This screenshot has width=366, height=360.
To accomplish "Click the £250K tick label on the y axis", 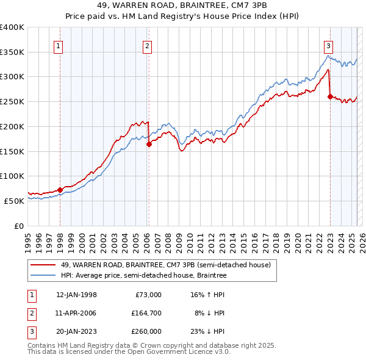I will coord(12,102).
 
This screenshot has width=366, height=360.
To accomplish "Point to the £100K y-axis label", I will coord(12,176).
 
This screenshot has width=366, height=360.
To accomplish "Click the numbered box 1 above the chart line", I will coord(59,45).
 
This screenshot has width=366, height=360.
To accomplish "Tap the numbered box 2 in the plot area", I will coord(148,45).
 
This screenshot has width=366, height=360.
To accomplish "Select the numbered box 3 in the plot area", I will coord(328,45).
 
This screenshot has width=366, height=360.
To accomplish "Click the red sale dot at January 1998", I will coord(60,189).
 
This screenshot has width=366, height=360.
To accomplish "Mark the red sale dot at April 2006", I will coord(149,145).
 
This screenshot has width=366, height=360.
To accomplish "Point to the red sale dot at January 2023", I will coord(330,96).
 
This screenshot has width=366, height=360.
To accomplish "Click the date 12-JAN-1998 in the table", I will coord(76,295).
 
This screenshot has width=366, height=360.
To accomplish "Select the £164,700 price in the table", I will coord(146,313).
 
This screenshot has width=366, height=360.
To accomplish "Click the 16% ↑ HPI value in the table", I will coord(209,295).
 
